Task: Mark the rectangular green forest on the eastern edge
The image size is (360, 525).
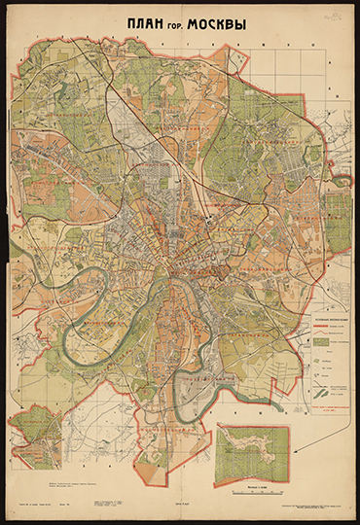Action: tap(338, 209)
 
